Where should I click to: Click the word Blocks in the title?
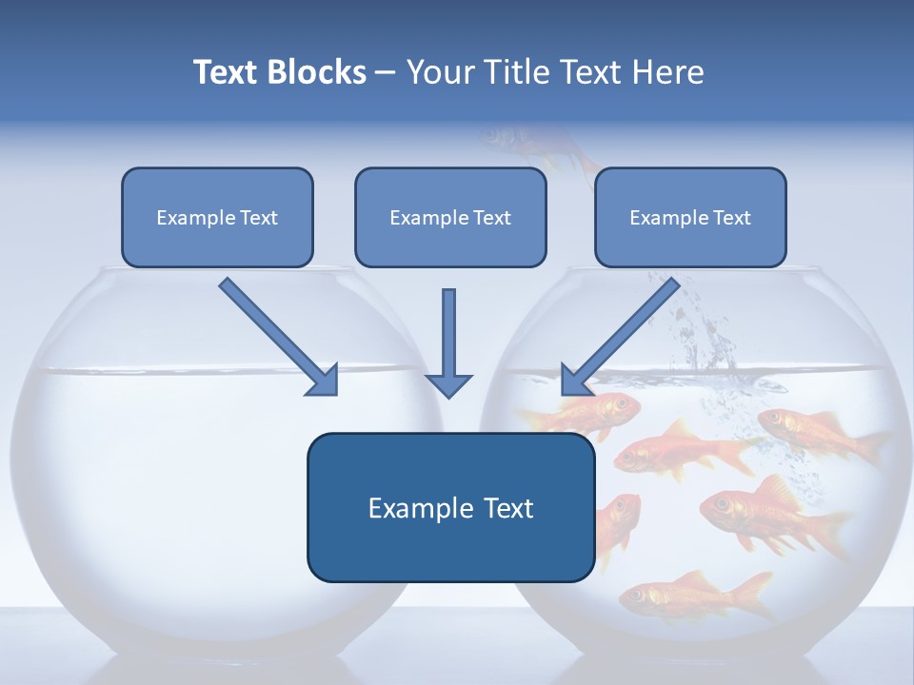(x=316, y=72)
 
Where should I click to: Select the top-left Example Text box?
(x=217, y=217)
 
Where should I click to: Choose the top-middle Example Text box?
(x=450, y=217)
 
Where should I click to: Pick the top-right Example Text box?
(x=690, y=217)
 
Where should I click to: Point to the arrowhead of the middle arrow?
(x=448, y=384)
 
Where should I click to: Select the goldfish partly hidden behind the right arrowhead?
(x=600, y=409)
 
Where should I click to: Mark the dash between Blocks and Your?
(x=386, y=73)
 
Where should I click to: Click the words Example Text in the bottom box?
(x=450, y=508)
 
